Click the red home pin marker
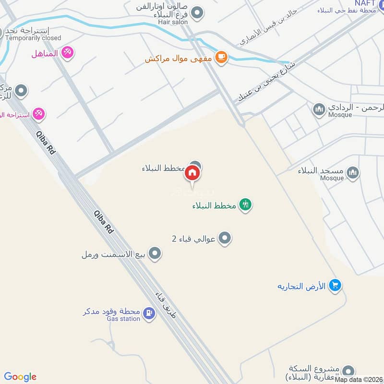[192, 173]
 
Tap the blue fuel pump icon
[149, 314]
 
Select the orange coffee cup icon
[221, 58]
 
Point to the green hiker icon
[246, 205]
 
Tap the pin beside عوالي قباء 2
[224, 238]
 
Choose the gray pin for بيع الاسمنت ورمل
[154, 254]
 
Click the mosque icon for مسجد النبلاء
[353, 172]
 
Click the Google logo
[20, 377]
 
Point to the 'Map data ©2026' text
[359, 380]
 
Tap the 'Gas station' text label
[123, 319]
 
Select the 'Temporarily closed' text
[34, 38]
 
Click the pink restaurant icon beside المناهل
[68, 53]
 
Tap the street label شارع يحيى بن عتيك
[266, 82]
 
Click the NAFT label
[364, 3]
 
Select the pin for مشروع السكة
[348, 371]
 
